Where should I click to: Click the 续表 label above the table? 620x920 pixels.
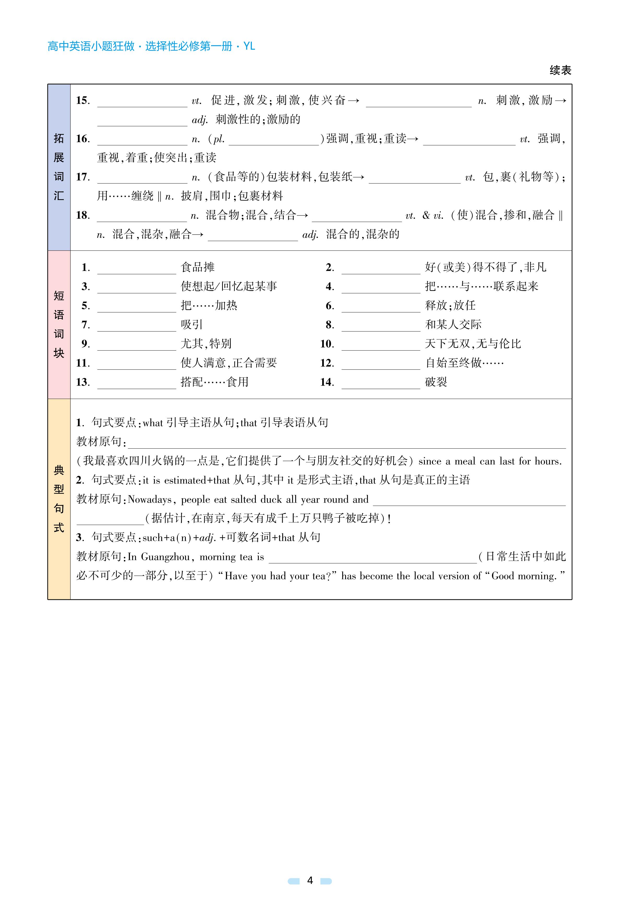pyautogui.click(x=560, y=70)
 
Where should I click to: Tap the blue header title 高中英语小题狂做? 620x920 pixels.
pyautogui.click(x=91, y=46)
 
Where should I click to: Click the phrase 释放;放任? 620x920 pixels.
pyautogui.click(x=450, y=305)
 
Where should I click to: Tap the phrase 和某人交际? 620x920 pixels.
pyautogui.click(x=453, y=324)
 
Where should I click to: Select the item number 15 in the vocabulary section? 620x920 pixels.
pyautogui.click(x=83, y=100)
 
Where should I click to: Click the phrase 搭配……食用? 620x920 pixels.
pyautogui.click(x=214, y=382)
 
